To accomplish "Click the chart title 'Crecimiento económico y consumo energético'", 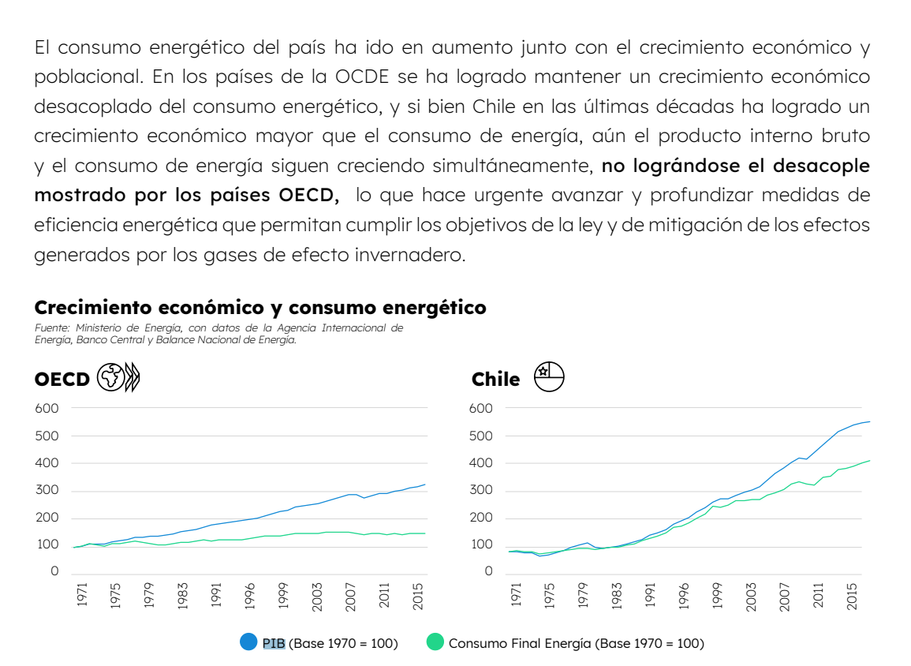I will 260,308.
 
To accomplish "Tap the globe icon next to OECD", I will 110,378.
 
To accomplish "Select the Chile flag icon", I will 549,378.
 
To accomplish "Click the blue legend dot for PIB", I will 248,642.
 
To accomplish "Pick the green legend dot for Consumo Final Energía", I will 435,642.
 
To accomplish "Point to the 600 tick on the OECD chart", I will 47,408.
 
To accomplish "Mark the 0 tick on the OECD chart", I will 54,571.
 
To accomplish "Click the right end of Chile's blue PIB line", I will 869,421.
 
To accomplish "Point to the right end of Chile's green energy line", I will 869,460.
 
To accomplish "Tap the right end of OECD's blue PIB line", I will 424,485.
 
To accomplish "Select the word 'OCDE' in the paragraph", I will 362,77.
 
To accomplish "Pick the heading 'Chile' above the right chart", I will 495,380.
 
